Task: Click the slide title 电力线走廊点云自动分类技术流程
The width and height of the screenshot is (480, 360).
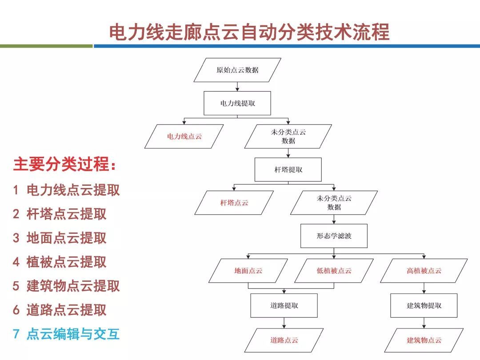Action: [x=249, y=32]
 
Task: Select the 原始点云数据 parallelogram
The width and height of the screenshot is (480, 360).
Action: [x=237, y=70]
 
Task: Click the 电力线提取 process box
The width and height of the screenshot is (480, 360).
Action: [x=237, y=103]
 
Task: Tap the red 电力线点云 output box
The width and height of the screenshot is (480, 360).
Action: [x=184, y=136]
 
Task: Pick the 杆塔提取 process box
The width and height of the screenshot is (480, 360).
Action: [x=288, y=169]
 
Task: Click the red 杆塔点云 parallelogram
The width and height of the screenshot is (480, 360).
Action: [x=234, y=203]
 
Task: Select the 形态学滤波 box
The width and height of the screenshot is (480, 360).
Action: [x=334, y=236]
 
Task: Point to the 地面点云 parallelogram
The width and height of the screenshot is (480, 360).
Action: [x=248, y=271]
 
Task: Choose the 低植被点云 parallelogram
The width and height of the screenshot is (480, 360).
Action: [x=334, y=271]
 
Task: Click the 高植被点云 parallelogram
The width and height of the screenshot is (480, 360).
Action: [x=424, y=271]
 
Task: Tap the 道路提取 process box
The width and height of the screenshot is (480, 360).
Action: [x=284, y=305]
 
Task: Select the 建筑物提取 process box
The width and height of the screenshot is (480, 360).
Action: [x=424, y=305]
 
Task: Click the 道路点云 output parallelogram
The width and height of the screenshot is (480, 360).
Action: [x=284, y=340]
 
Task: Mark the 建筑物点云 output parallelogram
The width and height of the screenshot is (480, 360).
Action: [x=424, y=340]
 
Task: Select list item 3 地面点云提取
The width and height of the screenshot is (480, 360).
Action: [x=60, y=238]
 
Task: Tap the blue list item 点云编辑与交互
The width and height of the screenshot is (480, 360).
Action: [x=66, y=334]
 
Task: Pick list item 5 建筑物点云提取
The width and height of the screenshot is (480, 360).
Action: [x=66, y=286]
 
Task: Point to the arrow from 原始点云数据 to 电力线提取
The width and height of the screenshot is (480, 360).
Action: [x=237, y=87]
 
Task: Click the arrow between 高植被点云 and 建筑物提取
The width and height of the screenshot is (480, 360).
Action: [x=424, y=288]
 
